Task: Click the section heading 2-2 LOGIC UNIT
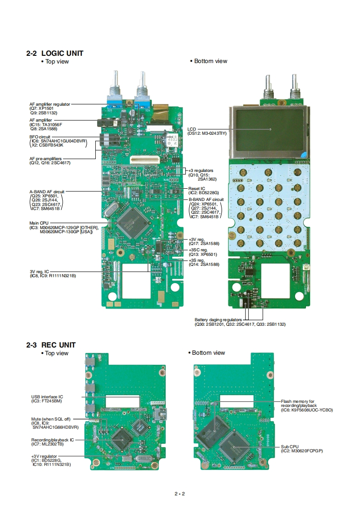point(55,53)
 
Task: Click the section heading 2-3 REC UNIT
point(51,345)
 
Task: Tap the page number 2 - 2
point(180,494)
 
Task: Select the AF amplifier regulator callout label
point(50,104)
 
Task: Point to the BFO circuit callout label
point(40,137)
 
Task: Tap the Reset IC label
point(197,188)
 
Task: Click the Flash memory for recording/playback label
point(297,401)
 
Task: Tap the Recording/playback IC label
point(52,440)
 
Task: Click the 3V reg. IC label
point(39,271)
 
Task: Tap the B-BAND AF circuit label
point(206,199)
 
